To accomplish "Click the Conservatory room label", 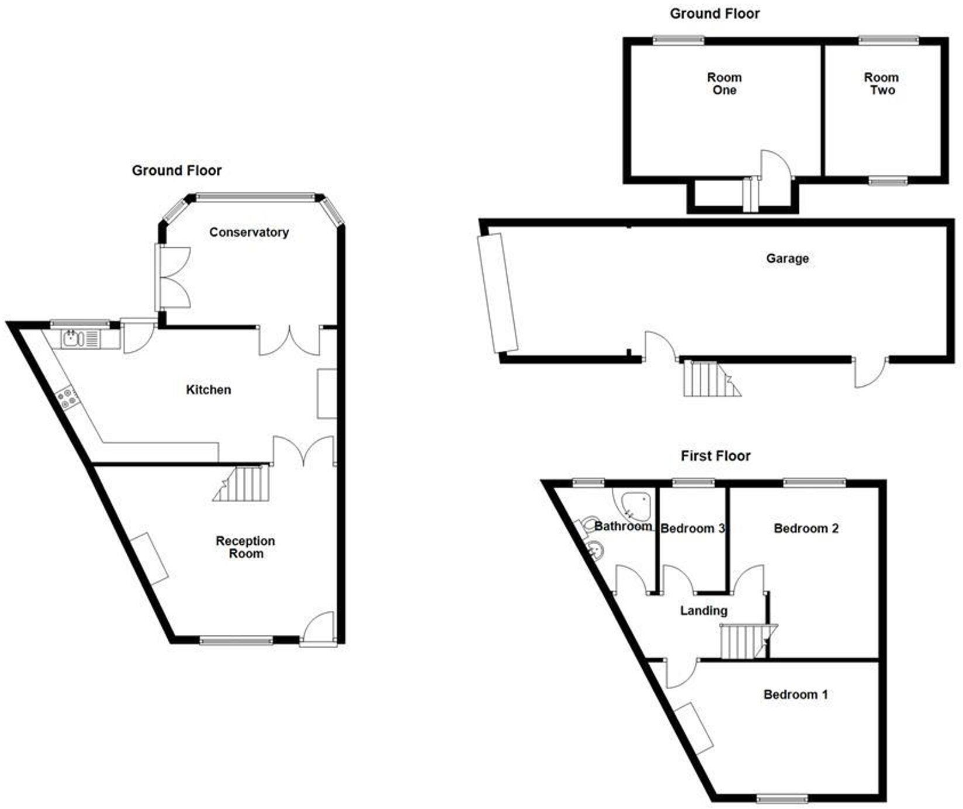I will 249,232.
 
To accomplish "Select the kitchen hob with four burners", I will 65,397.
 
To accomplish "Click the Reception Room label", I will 245,547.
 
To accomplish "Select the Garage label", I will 787,258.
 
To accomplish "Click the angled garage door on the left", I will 497,293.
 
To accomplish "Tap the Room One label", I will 724,84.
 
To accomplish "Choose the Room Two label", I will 882,84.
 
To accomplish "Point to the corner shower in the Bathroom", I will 636,506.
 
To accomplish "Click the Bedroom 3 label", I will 692,528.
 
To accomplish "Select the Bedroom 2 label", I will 806,528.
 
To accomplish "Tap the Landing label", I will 704,611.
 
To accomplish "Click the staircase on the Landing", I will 743,642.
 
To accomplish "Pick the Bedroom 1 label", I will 795,694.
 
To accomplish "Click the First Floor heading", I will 715,456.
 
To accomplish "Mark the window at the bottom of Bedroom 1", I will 782,798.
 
